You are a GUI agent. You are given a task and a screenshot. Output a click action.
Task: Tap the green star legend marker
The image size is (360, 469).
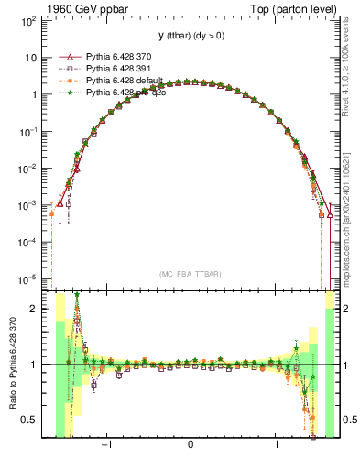point(65,93)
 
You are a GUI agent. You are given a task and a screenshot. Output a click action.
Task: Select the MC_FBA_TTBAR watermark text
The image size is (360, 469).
point(191,274)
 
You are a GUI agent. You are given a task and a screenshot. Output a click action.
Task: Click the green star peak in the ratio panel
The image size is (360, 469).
point(77,295)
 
